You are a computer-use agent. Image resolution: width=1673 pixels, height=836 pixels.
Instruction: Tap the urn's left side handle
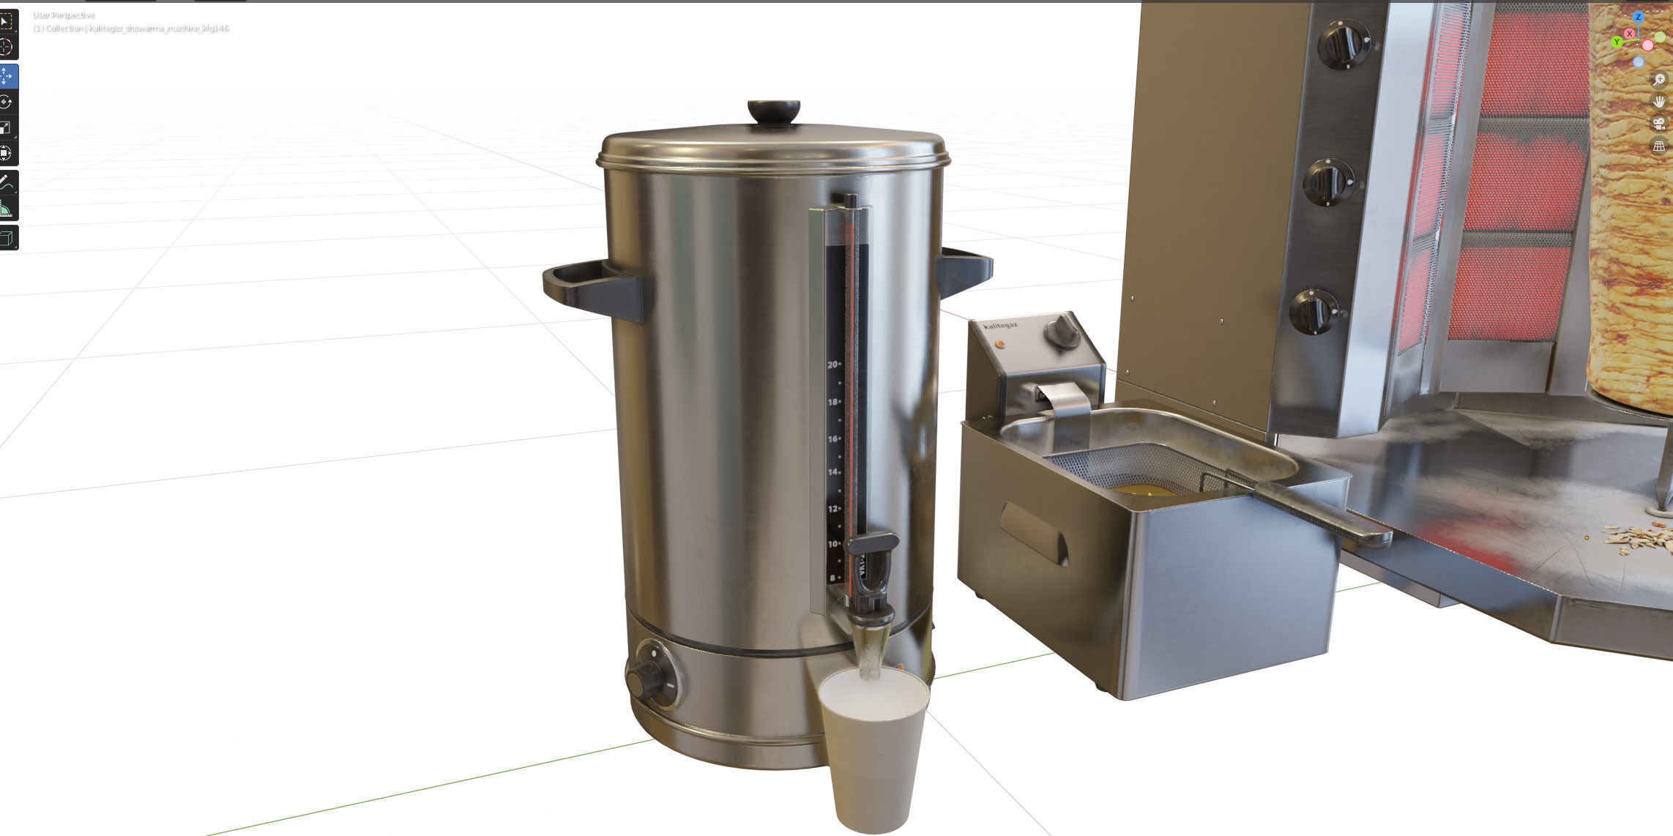pos(593,288)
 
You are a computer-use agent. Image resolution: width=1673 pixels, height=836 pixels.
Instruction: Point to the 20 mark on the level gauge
pos(832,365)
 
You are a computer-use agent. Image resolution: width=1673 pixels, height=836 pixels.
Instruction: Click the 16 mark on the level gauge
pos(832,439)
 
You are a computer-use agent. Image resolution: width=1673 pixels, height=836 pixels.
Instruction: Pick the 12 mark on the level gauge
pos(832,509)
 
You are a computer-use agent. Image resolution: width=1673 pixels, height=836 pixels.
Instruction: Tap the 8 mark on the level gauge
pos(832,578)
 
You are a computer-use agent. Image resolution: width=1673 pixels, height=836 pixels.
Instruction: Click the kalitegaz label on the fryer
pos(1001,326)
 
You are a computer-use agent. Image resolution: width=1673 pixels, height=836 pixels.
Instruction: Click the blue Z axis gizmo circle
pos(1638,17)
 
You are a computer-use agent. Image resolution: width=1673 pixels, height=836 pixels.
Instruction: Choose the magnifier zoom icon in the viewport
pos(1658,79)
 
